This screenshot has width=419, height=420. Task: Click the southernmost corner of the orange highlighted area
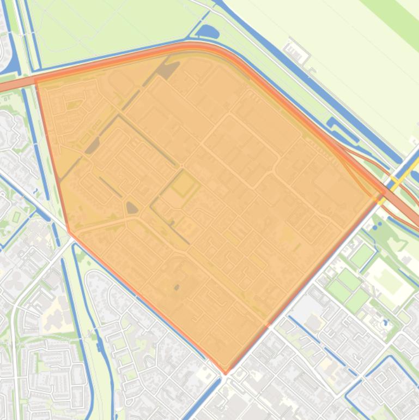tap(226, 374)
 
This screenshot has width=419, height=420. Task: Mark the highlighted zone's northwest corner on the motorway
tap(36, 81)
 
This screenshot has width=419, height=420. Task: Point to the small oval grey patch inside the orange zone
tap(132, 207)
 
